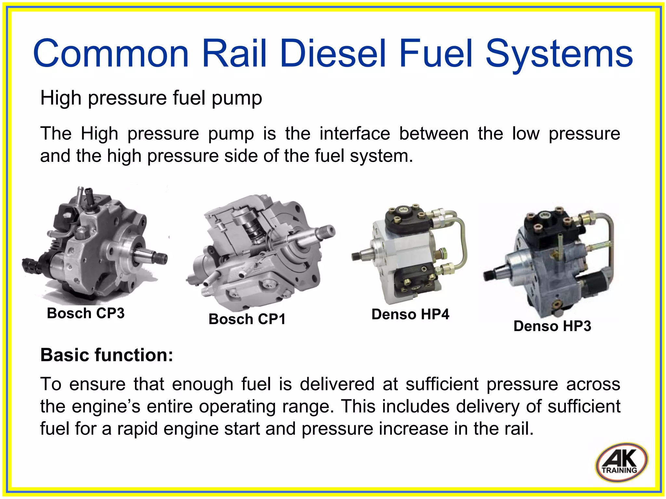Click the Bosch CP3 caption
coord(86,313)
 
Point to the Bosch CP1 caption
coord(247,319)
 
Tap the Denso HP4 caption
coord(410,315)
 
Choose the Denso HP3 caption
coord(552,326)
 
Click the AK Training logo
coord(621,462)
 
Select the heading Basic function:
coord(107,355)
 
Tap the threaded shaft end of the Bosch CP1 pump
coord(328,232)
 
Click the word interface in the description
coord(354,134)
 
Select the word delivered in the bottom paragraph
coord(337,384)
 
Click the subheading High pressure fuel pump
coord(151,98)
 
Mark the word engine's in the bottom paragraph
coord(106,407)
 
